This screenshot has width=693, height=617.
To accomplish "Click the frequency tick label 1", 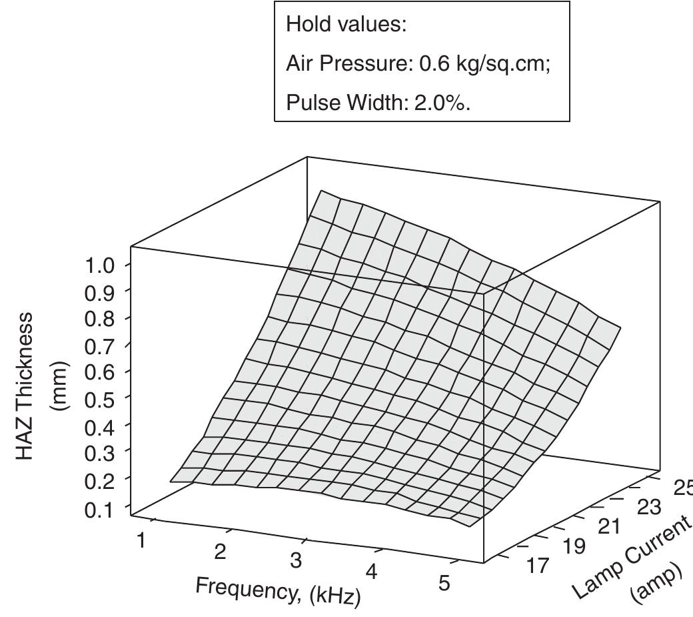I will [141, 540].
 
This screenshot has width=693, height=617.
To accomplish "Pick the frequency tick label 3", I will [296, 561].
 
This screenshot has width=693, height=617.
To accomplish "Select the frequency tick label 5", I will [444, 583].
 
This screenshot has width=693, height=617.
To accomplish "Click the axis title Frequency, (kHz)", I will [278, 591].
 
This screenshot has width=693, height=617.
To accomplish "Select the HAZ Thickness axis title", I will [25, 387].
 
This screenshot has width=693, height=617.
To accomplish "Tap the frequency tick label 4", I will [372, 572].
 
